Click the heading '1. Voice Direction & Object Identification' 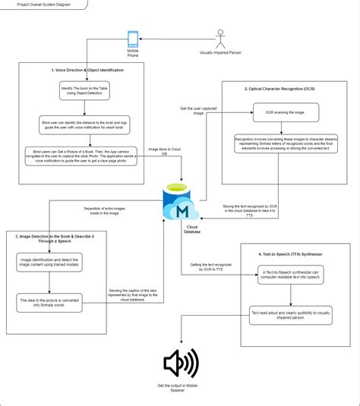click(88, 70)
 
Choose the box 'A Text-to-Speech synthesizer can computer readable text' click(293, 275)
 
